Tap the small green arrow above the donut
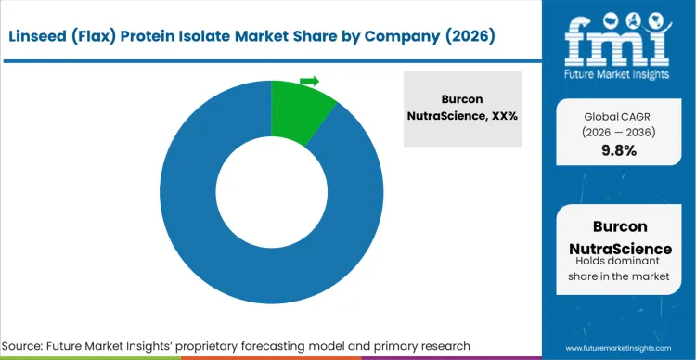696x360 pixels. [x=310, y=81]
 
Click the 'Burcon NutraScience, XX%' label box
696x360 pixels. [x=462, y=108]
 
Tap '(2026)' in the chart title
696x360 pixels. [x=462, y=36]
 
